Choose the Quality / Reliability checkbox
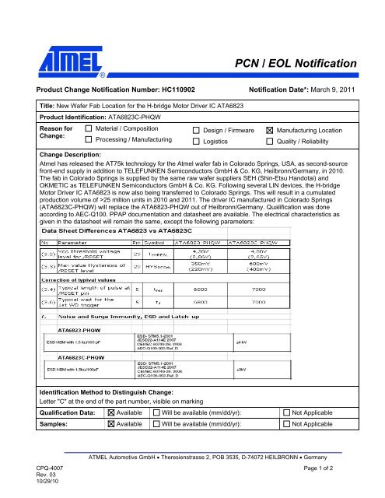point(270,142)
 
